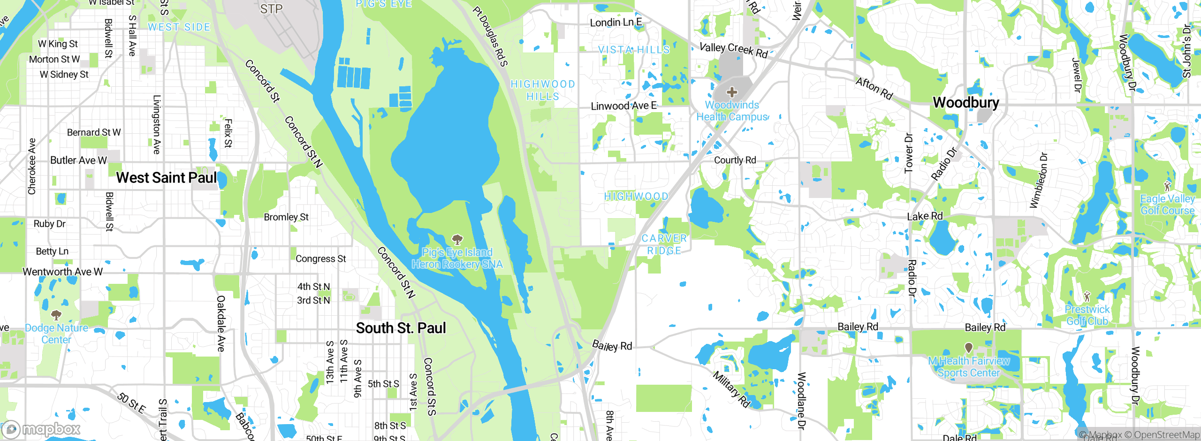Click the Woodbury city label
(x=965, y=102)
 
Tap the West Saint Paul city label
(x=167, y=178)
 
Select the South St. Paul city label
(x=401, y=328)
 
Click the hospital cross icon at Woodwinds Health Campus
(x=731, y=92)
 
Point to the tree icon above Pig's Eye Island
(x=457, y=240)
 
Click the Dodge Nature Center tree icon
(x=56, y=315)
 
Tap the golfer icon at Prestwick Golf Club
(x=1087, y=297)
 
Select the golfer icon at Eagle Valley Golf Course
(x=1167, y=186)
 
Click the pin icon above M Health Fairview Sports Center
(x=968, y=348)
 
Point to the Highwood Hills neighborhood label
(x=543, y=90)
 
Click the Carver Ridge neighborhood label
(x=664, y=244)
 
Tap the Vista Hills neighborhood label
(x=633, y=50)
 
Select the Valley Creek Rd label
(x=733, y=50)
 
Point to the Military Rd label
(x=731, y=389)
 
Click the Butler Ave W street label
(x=78, y=160)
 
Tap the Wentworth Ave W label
(x=62, y=272)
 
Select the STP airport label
(x=271, y=9)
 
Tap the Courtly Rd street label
(x=735, y=160)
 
